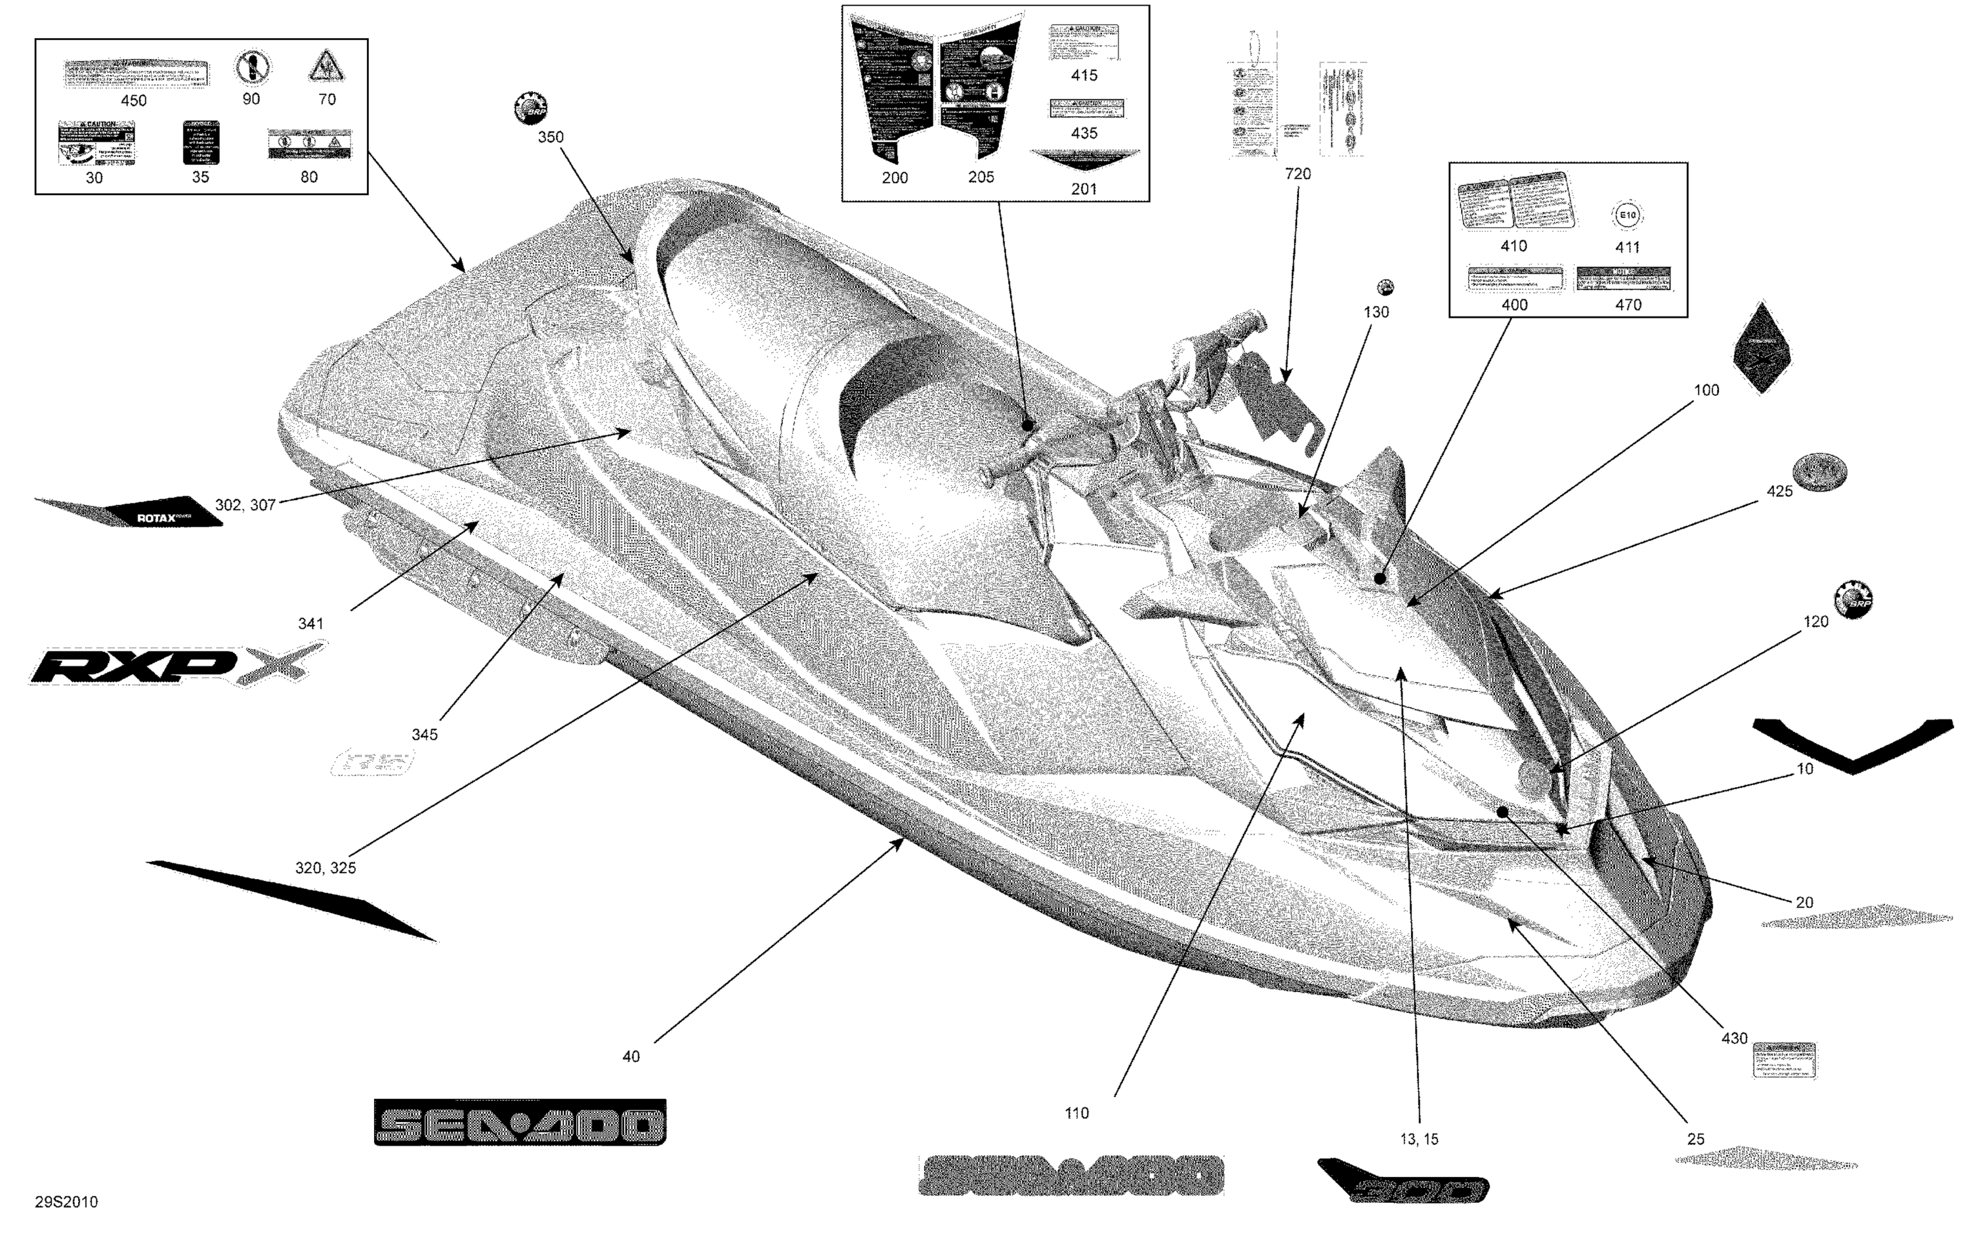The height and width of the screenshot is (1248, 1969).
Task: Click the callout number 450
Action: pos(133,100)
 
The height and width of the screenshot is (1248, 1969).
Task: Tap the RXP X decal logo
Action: pos(176,664)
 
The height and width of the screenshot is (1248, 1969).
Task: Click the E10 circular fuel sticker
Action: pos(1626,216)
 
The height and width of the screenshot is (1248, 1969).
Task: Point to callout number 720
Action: pos(1298,173)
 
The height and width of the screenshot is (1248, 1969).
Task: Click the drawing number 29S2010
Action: pos(66,1201)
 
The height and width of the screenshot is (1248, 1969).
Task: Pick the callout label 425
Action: pos(1779,492)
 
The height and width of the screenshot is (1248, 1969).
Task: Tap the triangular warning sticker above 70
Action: pos(326,66)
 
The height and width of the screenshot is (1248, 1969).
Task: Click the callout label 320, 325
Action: pos(326,868)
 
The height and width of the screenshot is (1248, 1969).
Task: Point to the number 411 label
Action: pos(1627,247)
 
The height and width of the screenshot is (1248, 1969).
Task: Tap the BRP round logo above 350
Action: pos(530,108)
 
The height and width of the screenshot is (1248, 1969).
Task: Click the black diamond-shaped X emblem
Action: pos(1762,349)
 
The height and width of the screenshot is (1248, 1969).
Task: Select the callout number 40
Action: pos(631,1056)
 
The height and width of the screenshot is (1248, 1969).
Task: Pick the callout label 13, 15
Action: pos(1419,1139)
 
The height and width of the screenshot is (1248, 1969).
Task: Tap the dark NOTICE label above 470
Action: pos(1623,278)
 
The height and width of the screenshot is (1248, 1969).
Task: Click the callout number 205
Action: pos(981,177)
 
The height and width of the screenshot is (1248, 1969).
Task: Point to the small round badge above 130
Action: pos(1385,287)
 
